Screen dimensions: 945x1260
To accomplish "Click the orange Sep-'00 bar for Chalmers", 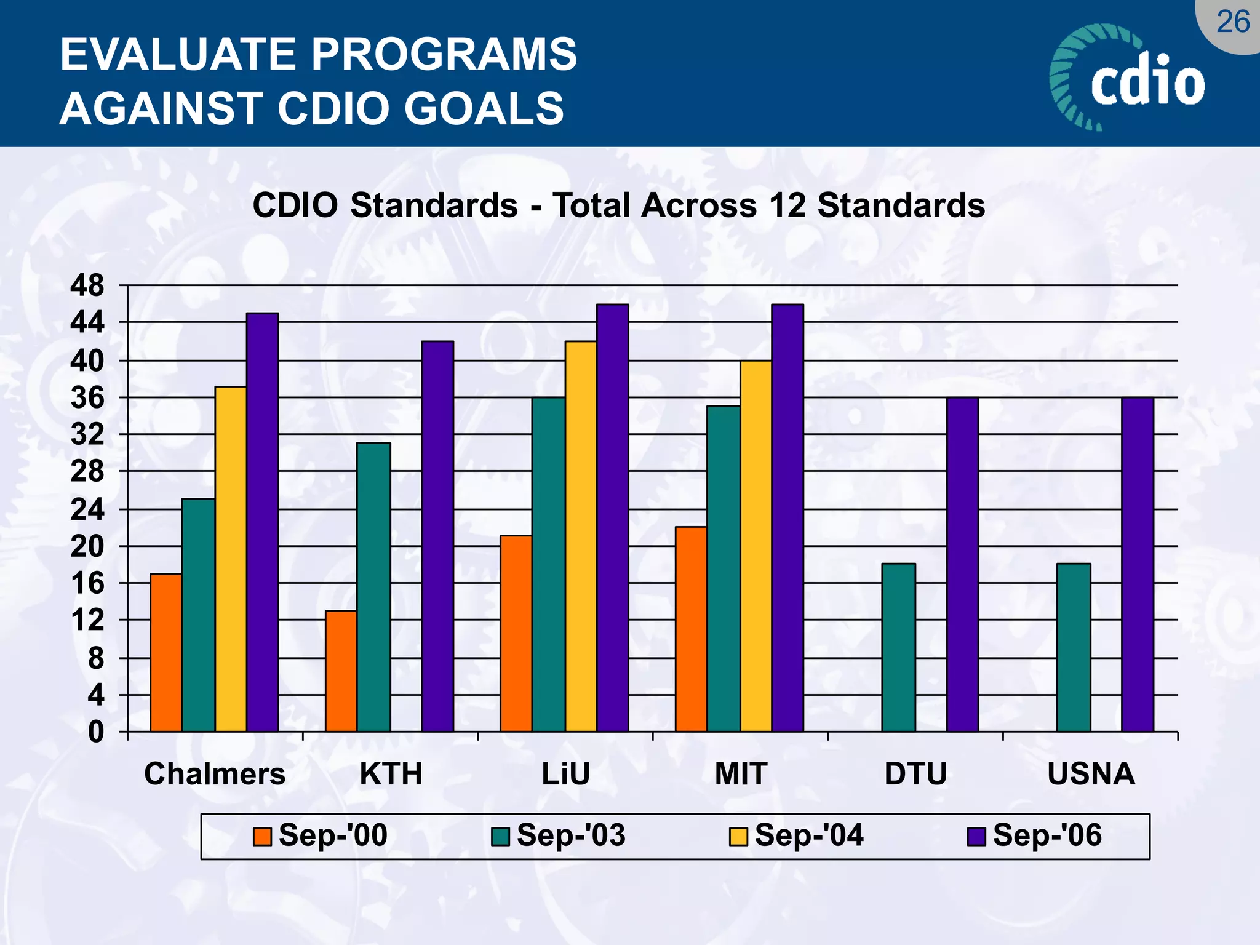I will coord(166,652).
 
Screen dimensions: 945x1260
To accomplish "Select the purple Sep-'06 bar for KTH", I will coord(437,536).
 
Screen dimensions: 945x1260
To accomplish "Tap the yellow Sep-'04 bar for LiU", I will coord(581,536).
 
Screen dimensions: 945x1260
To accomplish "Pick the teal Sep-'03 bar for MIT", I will coord(724,568).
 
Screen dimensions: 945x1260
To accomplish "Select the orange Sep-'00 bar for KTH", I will coord(341,671).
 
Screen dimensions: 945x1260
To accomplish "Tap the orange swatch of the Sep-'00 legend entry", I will coord(263,837).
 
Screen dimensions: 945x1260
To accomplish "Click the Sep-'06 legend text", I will coord(1047,835).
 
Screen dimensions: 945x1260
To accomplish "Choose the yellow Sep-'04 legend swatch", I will coord(738,837).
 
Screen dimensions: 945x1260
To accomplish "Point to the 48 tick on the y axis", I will coord(87,286).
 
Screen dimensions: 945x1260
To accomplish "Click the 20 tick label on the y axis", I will coord(87,546).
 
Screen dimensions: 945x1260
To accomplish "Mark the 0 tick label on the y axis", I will coord(96,732).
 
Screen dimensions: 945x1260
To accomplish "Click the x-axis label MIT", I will coord(741,774).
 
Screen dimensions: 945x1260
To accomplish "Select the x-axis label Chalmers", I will coord(215,774).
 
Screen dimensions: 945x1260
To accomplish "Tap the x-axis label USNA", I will coord(1091,774).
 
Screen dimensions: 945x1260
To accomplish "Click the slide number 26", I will coord(1233,22).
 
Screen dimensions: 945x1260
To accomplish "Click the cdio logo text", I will coord(1147,83).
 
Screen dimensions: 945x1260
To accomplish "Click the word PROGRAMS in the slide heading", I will coord(444,54).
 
